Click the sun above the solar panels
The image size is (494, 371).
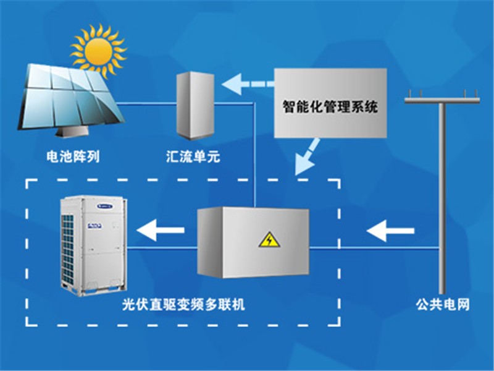(98, 51)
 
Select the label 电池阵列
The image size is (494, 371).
(73, 156)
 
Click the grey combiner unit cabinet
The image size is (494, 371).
(195, 105)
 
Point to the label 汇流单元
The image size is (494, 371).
(193, 156)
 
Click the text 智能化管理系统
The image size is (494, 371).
(330, 106)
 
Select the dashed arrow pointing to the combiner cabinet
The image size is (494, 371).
(248, 84)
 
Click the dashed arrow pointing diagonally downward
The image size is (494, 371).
(307, 157)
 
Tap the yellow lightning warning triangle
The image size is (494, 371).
(269, 240)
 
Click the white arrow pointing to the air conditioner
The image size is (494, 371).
(161, 229)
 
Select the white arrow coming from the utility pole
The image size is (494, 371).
(390, 231)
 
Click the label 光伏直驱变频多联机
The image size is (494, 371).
(183, 304)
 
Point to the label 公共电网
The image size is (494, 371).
(443, 304)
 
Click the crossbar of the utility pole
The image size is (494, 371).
(442, 101)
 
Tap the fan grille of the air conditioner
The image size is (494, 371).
(67, 249)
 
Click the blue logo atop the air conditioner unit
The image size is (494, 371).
(105, 207)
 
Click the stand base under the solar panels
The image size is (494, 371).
(72, 133)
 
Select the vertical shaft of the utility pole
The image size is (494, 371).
(442, 198)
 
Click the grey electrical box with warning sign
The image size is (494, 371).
(253, 242)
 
